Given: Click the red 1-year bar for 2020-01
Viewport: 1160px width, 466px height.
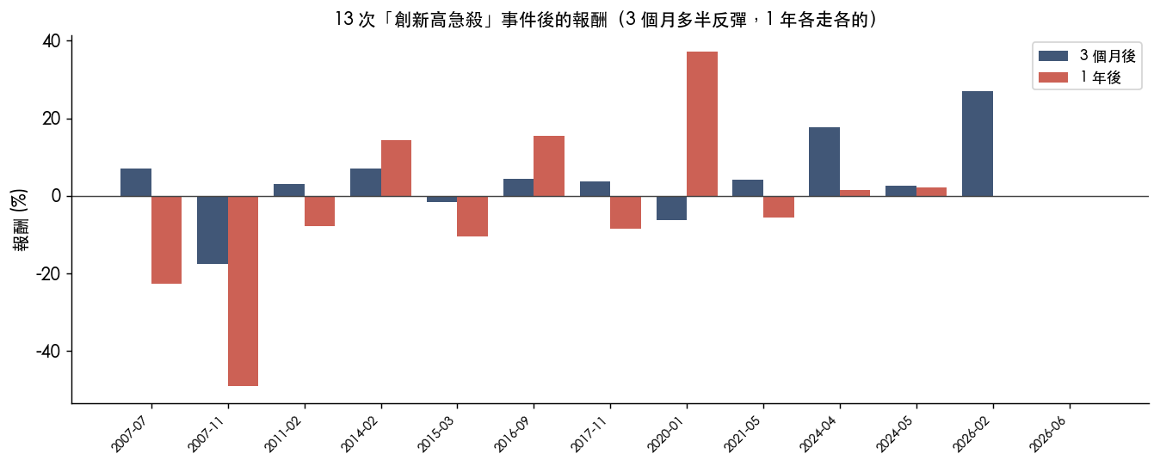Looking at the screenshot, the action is pos(702,124).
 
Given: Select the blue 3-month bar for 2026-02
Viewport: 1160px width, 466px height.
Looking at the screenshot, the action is pos(978,144).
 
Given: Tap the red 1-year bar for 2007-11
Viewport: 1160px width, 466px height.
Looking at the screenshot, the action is pos(243,291).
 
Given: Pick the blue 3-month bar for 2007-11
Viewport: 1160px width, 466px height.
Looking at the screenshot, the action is pos(213,230).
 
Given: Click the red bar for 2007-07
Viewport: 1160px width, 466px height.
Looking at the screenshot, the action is pos(166,240).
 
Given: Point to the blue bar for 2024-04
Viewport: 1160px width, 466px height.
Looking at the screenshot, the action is pos(824,162).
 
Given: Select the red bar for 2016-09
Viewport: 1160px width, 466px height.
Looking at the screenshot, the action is pos(549,166).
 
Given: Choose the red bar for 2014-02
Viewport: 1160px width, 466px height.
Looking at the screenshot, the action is pos(396,169).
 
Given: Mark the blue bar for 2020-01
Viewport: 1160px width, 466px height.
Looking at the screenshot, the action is pos(672,208).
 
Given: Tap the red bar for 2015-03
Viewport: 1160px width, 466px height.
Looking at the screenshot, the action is pos(472,216).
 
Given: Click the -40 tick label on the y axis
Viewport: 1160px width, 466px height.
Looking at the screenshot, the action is pos(48,351).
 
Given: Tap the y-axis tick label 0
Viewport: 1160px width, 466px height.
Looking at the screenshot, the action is pos(56,196).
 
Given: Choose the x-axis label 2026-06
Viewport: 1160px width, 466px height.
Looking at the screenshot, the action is pos(1050,433).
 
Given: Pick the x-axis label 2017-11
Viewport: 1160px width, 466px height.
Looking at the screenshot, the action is pos(589,433).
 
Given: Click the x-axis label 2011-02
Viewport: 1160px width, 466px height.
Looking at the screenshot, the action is pos(283,433).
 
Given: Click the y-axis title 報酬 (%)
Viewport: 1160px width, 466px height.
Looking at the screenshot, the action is pos(20,220).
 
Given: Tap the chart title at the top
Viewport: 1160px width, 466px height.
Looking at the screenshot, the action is pos(606,20).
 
